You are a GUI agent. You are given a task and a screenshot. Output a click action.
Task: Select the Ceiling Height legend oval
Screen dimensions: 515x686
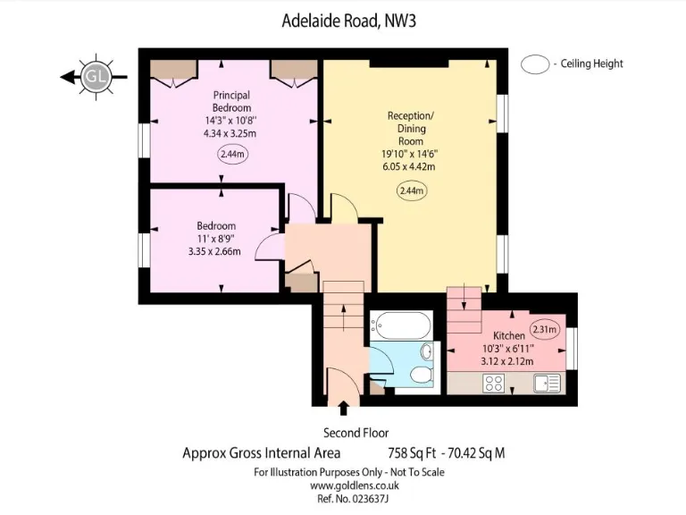pyautogui.click(x=535, y=63)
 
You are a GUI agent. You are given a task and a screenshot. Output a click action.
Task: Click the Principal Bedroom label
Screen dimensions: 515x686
pyautogui.click(x=231, y=101)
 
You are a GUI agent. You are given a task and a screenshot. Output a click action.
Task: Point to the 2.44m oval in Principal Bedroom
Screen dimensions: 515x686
pyautogui.click(x=232, y=154)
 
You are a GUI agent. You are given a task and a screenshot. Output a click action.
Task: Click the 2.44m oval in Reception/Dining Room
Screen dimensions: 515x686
pyautogui.click(x=411, y=190)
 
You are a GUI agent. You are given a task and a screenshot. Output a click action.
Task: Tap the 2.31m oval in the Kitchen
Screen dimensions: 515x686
pyautogui.click(x=544, y=329)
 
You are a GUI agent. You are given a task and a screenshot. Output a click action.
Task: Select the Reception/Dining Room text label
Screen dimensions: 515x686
pyautogui.click(x=411, y=129)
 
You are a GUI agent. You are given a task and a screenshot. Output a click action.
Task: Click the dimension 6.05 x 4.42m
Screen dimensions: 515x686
pyautogui.click(x=411, y=166)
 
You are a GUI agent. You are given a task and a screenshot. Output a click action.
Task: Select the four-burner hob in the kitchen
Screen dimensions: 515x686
pyautogui.click(x=494, y=383)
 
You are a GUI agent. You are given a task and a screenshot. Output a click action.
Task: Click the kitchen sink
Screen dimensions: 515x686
pyautogui.click(x=547, y=383)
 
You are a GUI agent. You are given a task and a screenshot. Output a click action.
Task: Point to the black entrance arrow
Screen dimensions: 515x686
pyautogui.click(x=344, y=409)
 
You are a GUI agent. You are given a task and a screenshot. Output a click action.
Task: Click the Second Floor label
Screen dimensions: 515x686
pyautogui.click(x=343, y=432)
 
